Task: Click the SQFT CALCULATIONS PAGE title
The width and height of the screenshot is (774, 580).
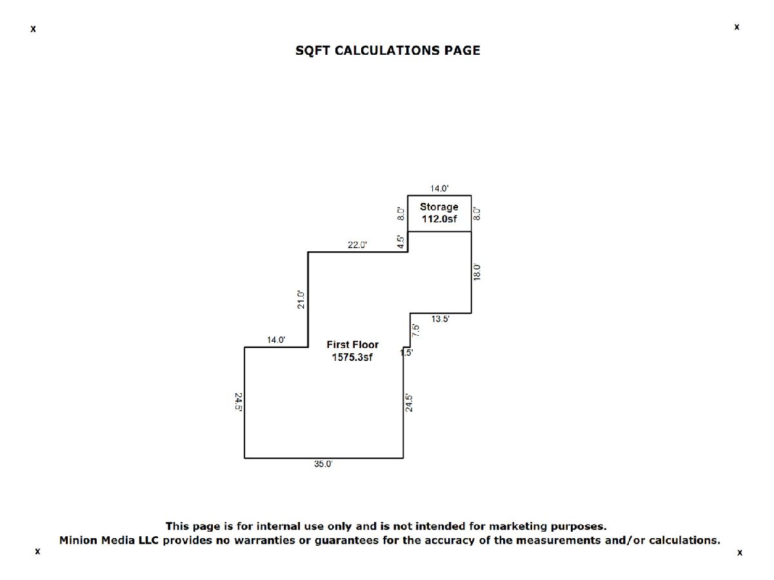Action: coord(388,50)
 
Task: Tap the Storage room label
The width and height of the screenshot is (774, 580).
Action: coord(439,207)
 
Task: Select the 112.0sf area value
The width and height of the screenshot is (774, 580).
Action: coord(439,218)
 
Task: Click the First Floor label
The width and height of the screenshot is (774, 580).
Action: coord(353,344)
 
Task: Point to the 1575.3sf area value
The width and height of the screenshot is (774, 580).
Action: coord(352,357)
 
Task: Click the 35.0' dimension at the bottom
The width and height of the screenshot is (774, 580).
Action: coord(323,464)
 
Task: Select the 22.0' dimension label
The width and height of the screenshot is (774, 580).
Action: coord(357,245)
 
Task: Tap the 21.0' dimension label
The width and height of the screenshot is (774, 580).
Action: coord(301,300)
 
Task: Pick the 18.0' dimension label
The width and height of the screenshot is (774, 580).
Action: coord(477,272)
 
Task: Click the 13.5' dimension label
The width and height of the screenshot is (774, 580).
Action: coord(441,319)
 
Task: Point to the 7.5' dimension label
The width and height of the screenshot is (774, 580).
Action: coord(416,331)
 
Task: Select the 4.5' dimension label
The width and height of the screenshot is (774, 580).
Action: coord(401,242)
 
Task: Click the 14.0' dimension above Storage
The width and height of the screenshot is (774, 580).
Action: coord(439,188)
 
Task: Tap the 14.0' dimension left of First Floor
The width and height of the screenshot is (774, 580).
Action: coord(276,340)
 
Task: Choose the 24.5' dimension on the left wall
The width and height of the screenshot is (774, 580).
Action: coord(239,402)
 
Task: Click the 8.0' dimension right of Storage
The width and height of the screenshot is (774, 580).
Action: coord(477,214)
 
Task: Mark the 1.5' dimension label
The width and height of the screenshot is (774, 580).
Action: coord(406,353)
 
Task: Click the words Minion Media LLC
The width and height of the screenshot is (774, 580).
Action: coord(109,540)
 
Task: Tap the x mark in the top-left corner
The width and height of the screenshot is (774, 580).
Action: coord(33,29)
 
